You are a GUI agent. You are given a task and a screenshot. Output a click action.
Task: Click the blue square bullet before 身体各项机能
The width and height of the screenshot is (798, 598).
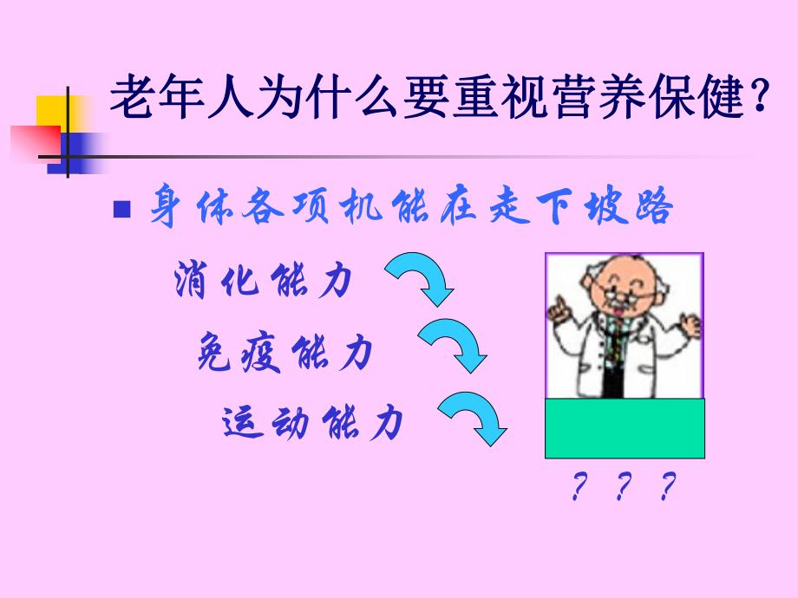122,211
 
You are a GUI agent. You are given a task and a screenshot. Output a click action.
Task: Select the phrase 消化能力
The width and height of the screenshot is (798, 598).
262,282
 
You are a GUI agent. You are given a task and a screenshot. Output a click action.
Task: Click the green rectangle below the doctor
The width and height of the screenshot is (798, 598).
625,428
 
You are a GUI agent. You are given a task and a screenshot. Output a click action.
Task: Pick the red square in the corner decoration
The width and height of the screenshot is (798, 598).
35,144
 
